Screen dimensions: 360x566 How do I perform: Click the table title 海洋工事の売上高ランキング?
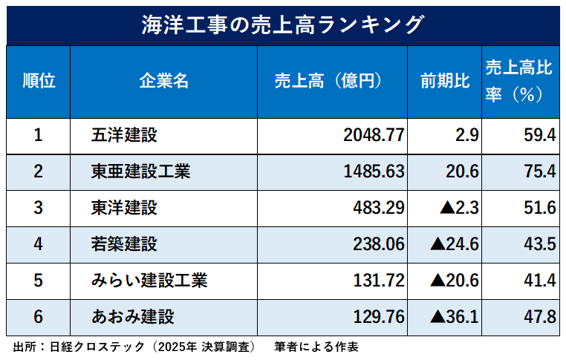pos(282,24)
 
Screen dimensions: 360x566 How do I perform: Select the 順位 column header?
pos(39,81)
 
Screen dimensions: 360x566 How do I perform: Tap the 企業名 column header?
pos(163,81)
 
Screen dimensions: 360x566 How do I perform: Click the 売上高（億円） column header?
pos(331,81)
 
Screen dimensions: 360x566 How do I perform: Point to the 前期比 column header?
pos(444,81)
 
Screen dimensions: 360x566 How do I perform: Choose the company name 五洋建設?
pos(124,136)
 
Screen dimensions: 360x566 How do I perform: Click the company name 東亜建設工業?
pos(140,172)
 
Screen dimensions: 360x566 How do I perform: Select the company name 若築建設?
pos(124,245)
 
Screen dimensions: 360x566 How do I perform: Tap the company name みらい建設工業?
pos(149,281)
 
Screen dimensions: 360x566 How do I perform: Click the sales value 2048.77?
pos(374,136)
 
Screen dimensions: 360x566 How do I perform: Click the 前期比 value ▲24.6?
pos(455,245)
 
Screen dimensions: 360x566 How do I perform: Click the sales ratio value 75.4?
pos(539,172)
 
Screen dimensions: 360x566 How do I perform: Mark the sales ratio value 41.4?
pos(539,281)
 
